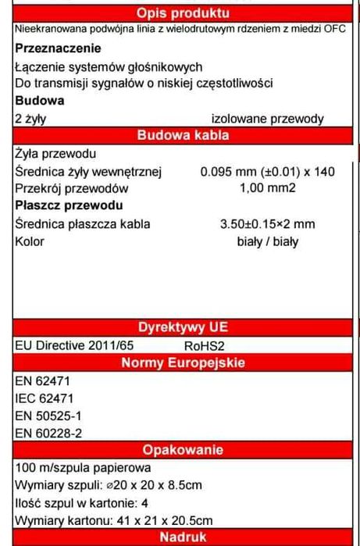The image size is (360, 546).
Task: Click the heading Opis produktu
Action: click(183, 13)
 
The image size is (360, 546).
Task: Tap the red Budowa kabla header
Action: click(183, 135)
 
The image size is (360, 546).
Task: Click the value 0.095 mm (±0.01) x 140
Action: click(267, 171)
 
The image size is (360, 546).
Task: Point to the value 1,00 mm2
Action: click(267, 188)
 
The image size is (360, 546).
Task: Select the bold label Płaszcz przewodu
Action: click(69, 205)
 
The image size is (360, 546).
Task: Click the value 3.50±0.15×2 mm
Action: click(267, 223)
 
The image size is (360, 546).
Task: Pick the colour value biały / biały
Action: click(267, 241)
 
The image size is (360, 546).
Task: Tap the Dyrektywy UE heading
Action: click(183, 327)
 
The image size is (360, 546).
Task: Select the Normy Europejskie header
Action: click(183, 362)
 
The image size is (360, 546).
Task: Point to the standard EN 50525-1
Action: click(48, 416)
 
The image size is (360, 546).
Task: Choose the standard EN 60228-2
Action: click(48, 433)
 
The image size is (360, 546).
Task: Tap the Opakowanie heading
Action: click(183, 450)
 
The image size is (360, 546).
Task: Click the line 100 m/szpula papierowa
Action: click(82, 468)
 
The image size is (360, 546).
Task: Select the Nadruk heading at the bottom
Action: click(183, 537)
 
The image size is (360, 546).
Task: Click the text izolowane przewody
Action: click(267, 119)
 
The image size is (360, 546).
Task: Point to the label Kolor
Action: click(30, 241)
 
